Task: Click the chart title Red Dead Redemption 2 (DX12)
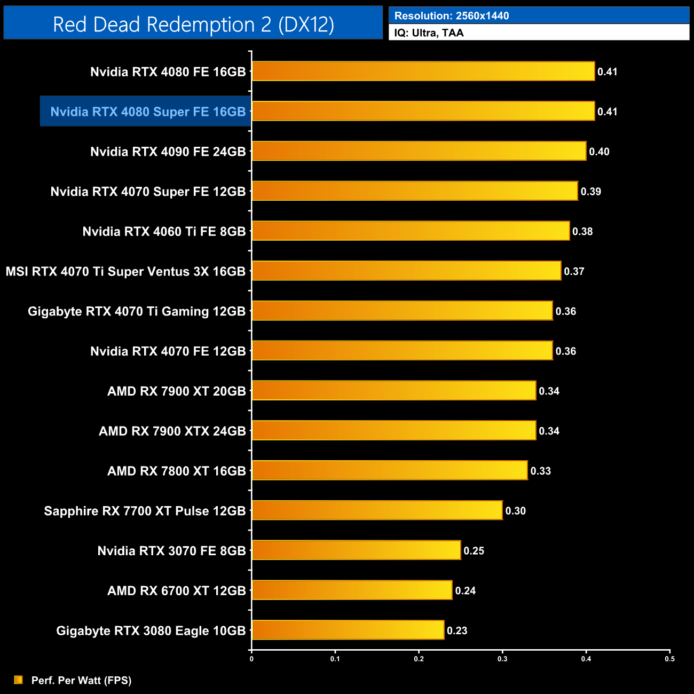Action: (193, 25)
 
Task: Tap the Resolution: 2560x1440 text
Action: (452, 16)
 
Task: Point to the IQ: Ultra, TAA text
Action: (429, 33)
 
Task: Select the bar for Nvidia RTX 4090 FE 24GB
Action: (419, 151)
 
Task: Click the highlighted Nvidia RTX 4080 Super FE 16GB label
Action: (148, 112)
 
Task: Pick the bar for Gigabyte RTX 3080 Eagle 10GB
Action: (348, 630)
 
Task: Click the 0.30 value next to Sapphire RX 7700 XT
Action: (516, 511)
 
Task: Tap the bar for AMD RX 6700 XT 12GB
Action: (352, 590)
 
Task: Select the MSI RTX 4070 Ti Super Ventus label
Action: (125, 271)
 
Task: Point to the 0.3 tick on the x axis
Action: (502, 659)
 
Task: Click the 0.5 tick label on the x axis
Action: (669, 659)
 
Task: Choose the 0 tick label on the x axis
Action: (251, 659)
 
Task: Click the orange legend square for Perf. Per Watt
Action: (19, 680)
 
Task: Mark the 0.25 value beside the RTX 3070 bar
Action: (474, 551)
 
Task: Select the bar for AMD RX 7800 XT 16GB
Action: (390, 470)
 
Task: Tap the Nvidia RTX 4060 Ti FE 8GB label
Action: (164, 231)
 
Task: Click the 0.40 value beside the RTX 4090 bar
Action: (599, 152)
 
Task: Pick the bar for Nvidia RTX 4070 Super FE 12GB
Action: (415, 191)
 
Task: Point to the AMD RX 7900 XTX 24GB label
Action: (172, 431)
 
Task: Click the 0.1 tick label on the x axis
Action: (335, 659)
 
